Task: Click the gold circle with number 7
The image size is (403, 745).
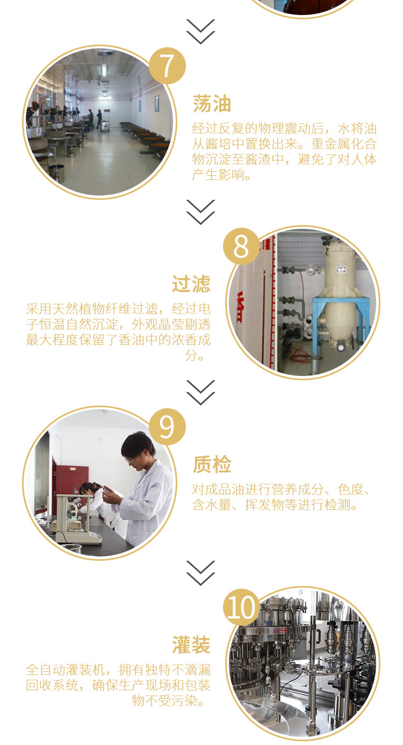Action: [x=167, y=66]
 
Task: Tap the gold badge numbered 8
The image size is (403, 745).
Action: [x=241, y=247]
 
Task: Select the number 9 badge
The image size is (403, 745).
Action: [x=167, y=426]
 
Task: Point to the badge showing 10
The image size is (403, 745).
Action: [x=241, y=607]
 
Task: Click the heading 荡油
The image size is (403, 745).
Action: [x=212, y=104]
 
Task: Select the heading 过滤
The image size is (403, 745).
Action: [x=191, y=284]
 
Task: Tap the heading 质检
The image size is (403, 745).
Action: [x=212, y=464]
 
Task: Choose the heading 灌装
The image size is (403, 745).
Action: [x=191, y=645]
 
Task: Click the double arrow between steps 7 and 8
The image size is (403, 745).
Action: [x=200, y=212]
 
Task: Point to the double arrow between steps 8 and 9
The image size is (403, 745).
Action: [x=200, y=393]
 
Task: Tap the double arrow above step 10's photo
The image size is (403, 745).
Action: [x=200, y=573]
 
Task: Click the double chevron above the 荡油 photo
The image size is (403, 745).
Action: [x=200, y=32]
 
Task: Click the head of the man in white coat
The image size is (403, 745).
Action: [x=137, y=447]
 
